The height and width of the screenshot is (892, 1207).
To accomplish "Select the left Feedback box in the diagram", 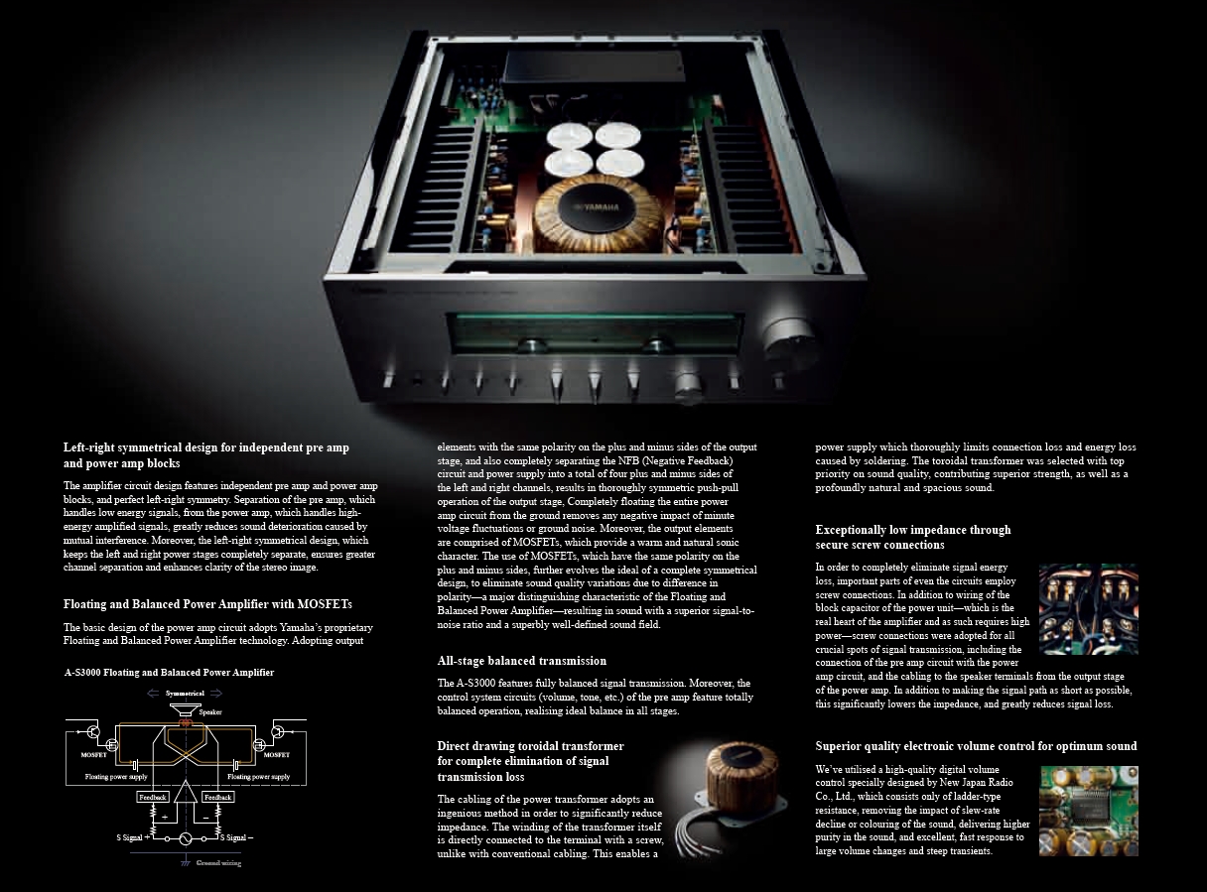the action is tap(153, 798).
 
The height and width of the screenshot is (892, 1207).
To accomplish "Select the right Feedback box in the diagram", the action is tap(217, 798).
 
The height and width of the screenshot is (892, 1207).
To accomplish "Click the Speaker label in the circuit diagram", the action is tap(210, 711).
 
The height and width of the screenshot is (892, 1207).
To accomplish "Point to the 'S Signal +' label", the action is tap(132, 837).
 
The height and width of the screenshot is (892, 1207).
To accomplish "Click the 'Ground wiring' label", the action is tap(218, 862).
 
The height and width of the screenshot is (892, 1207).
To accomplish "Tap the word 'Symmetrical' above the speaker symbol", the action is tap(185, 694).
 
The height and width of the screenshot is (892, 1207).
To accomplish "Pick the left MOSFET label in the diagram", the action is tap(93, 755).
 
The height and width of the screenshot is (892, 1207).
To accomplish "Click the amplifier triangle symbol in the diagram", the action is tap(186, 792).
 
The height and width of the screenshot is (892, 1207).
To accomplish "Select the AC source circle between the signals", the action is tap(186, 838).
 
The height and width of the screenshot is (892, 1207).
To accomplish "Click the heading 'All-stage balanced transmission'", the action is tap(521, 661).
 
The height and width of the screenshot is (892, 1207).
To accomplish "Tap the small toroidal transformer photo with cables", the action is tap(729, 796).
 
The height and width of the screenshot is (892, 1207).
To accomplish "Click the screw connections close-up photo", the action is tap(1088, 609).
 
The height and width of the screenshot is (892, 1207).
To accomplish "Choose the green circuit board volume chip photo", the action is tap(1088, 811).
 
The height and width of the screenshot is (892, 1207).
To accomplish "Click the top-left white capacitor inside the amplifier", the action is tap(569, 136).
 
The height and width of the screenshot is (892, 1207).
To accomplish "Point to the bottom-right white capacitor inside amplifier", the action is tap(619, 162).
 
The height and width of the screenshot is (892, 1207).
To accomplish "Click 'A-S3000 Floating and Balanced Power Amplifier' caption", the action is tap(170, 672).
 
